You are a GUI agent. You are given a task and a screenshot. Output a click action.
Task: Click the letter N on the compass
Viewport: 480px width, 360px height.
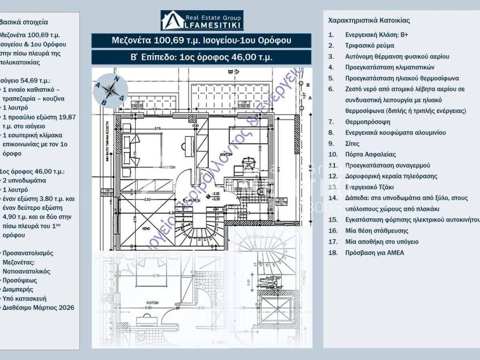117,79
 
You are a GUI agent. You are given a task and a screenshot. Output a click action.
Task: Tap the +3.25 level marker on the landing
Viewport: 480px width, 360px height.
216,193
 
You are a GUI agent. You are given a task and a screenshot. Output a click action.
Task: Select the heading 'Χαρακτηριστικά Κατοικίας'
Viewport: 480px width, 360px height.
369,21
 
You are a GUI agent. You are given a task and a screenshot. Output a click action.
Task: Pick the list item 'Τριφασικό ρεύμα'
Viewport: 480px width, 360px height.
369,45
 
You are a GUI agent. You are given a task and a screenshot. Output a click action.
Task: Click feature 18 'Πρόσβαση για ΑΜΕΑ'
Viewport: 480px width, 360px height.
375,253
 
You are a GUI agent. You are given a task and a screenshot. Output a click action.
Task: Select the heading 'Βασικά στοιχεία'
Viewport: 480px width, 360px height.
24,22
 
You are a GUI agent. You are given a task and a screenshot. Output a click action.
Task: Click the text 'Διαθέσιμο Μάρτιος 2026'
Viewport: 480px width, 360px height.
38,307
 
